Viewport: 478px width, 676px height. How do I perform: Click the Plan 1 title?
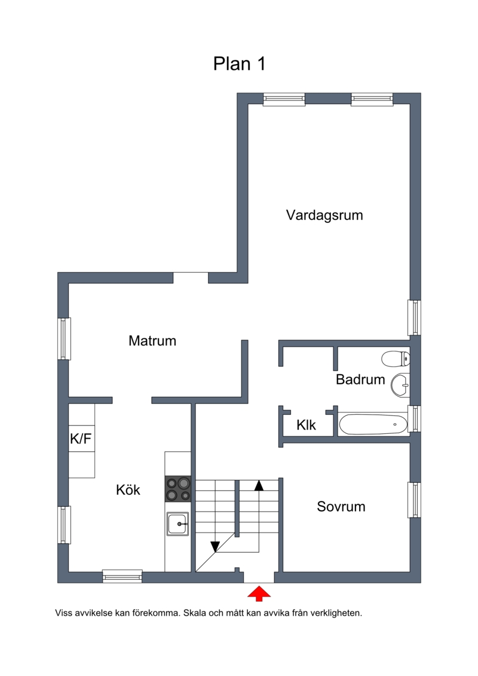pyautogui.click(x=239, y=64)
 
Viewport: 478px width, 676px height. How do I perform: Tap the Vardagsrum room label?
pyautogui.click(x=324, y=215)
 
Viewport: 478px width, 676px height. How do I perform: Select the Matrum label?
pyautogui.click(x=152, y=341)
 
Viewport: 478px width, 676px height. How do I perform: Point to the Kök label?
pyautogui.click(x=128, y=490)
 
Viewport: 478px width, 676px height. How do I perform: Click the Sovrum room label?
pyautogui.click(x=341, y=506)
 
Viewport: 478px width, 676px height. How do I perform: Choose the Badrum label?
pyautogui.click(x=360, y=380)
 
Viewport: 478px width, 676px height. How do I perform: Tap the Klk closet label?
pyautogui.click(x=306, y=425)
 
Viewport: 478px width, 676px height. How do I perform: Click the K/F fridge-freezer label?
pyautogui.click(x=81, y=439)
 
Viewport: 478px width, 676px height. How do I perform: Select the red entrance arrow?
pyautogui.click(x=259, y=594)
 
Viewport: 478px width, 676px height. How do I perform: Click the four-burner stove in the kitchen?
pyautogui.click(x=178, y=490)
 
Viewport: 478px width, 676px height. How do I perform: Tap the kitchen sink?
pyautogui.click(x=178, y=524)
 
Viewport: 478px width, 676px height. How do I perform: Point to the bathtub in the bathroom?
pyautogui.click(x=373, y=424)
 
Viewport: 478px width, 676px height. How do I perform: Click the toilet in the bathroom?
pyautogui.click(x=396, y=358)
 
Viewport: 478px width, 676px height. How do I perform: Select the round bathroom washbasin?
pyautogui.click(x=400, y=384)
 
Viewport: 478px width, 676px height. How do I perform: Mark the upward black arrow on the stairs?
pyautogui.click(x=259, y=485)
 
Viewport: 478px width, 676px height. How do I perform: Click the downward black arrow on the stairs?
pyautogui.click(x=215, y=547)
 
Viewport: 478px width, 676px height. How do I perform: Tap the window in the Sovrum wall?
pyautogui.click(x=414, y=500)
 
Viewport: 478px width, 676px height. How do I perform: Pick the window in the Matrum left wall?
pyautogui.click(x=64, y=339)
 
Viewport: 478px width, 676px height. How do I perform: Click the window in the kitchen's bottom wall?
pyautogui.click(x=122, y=576)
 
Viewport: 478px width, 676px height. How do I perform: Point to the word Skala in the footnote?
pyautogui.click(x=195, y=613)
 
